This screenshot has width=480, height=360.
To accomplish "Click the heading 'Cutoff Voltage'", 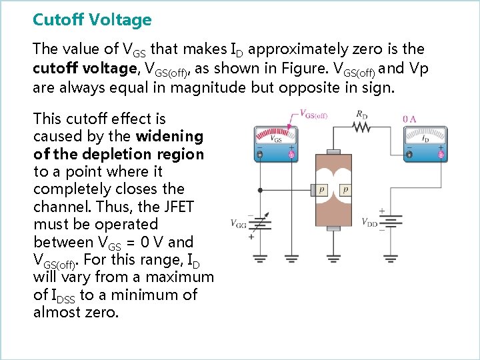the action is pyautogui.click(x=92, y=20).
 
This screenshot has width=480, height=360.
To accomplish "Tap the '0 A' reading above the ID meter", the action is pyautogui.click(x=411, y=119).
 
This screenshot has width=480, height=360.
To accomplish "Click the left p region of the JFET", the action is pyautogui.click(x=322, y=190).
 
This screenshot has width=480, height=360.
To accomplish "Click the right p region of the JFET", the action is pyautogui.click(x=345, y=190).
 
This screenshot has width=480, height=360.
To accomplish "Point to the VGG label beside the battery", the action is pyautogui.click(x=239, y=223).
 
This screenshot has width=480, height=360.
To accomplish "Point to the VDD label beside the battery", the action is pyautogui.click(x=371, y=222).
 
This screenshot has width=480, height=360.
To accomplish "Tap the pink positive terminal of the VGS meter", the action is pyautogui.click(x=291, y=155).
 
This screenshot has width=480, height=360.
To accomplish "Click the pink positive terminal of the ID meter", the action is pyautogui.click(x=440, y=155).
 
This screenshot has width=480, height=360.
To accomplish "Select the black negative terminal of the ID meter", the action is pyautogui.click(x=409, y=155).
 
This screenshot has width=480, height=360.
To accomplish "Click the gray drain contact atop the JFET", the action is pyautogui.click(x=333, y=152).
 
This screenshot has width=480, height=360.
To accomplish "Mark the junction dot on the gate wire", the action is pyautogui.click(x=260, y=190).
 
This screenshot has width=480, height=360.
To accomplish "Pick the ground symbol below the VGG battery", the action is pyautogui.click(x=260, y=257).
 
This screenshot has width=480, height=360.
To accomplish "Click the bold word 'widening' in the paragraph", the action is pyautogui.click(x=169, y=136).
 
